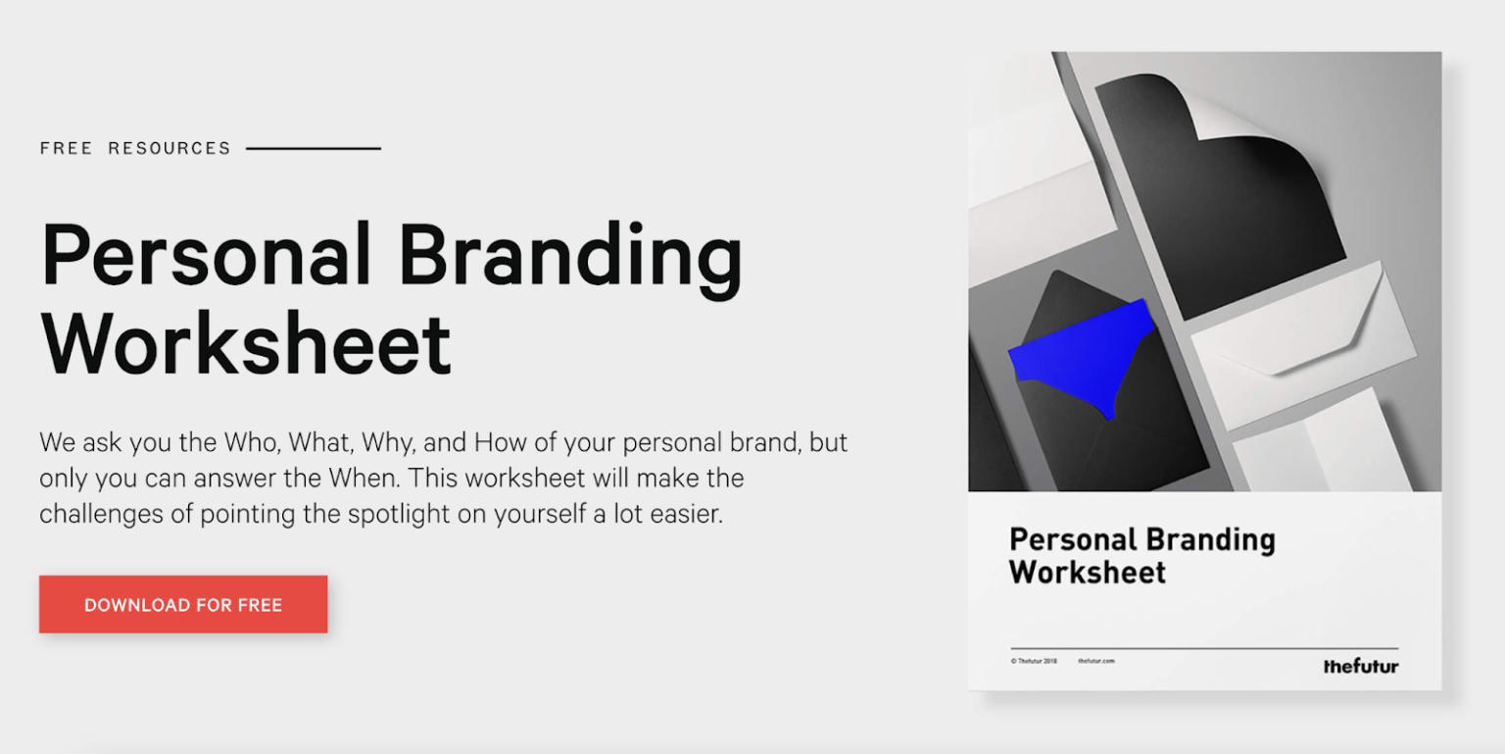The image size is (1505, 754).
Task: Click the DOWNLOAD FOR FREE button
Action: pyautogui.click(x=183, y=604)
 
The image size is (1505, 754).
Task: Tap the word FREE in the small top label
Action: pyautogui.click(x=66, y=149)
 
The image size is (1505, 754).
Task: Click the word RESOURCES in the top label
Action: pyautogui.click(x=170, y=149)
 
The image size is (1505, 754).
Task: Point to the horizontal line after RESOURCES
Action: pyautogui.click(x=314, y=149)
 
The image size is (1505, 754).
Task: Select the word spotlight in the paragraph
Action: pyautogui.click(x=398, y=515)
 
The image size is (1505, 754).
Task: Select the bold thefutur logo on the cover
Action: pyautogui.click(x=1360, y=667)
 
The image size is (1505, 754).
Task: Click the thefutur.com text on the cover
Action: pyautogui.click(x=1095, y=661)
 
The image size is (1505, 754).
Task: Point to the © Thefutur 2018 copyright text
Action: pyautogui.click(x=1034, y=661)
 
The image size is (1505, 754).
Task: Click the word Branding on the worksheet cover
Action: pyautogui.click(x=1209, y=540)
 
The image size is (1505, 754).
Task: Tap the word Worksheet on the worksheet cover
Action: pyautogui.click(x=1088, y=573)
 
